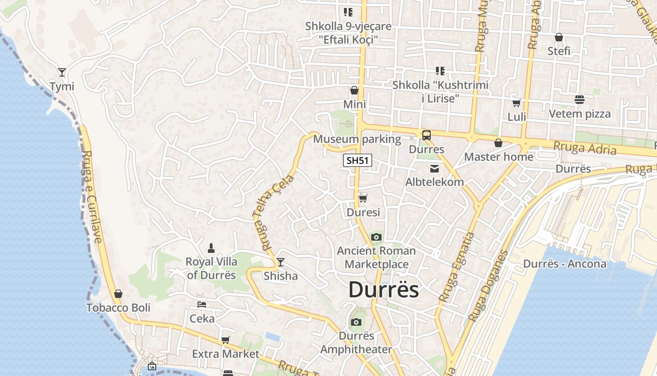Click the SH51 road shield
(x=358, y=161)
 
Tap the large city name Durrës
(x=383, y=290)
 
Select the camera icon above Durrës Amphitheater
(x=356, y=322)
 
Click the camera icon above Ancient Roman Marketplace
(x=376, y=237)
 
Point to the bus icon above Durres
(x=426, y=135)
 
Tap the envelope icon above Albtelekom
(x=435, y=168)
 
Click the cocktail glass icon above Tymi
(x=62, y=72)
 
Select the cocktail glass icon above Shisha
(x=281, y=262)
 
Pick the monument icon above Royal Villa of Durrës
(x=211, y=248)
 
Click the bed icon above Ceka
(x=202, y=305)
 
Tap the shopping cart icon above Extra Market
(x=226, y=340)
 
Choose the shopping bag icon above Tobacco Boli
(x=118, y=294)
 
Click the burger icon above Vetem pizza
(x=580, y=100)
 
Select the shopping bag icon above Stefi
(x=559, y=37)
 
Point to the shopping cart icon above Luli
(x=517, y=103)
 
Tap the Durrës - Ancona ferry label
(x=565, y=264)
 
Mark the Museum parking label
(x=357, y=139)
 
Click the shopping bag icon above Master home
(x=498, y=143)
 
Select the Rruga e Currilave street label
(x=92, y=196)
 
